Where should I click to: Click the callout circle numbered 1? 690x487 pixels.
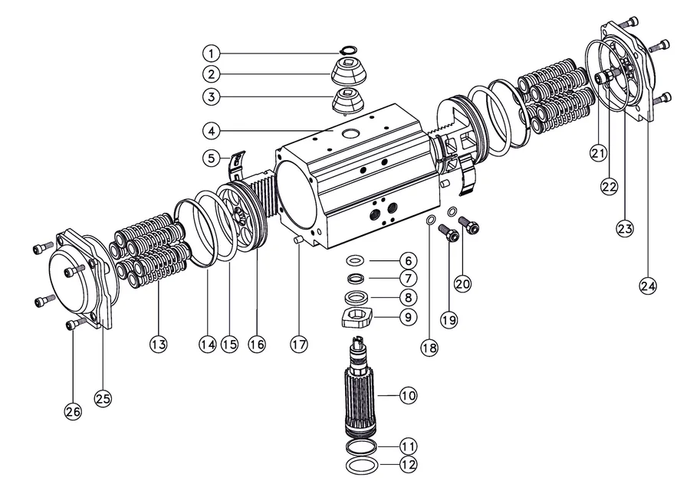point(212,54)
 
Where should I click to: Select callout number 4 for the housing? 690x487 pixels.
point(212,130)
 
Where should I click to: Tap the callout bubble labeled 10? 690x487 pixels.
point(408,396)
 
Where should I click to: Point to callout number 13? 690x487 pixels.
point(159,344)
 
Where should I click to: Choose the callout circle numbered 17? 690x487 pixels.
point(299,344)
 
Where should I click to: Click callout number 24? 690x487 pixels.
point(647,286)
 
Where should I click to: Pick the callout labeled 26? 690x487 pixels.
point(73,411)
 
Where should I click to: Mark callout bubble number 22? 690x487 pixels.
point(609,187)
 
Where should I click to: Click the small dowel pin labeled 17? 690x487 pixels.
point(297,240)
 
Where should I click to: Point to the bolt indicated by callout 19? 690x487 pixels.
point(449,233)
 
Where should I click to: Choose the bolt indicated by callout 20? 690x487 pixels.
point(469,225)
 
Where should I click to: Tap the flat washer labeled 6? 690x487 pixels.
point(356,260)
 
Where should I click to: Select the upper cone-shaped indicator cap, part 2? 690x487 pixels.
point(348,72)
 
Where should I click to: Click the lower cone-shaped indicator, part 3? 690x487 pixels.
point(348,100)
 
